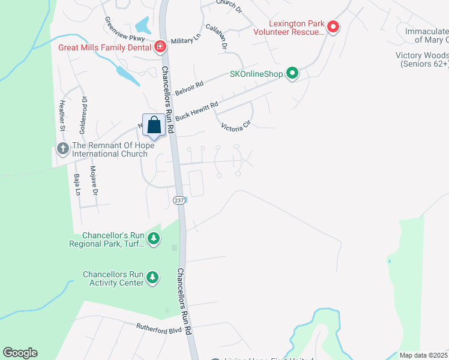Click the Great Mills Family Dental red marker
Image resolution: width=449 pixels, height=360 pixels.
160,47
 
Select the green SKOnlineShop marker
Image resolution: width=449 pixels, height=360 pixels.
292,74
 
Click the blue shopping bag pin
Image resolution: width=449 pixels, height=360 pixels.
154,125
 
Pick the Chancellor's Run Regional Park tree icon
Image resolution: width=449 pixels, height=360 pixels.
154,239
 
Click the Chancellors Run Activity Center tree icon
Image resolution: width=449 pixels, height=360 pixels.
154,278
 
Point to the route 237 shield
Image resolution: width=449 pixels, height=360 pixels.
179,200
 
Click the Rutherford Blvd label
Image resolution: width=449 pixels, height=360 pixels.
158,328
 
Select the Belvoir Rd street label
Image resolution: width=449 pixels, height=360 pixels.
190,88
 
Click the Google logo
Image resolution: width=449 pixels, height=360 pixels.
20,353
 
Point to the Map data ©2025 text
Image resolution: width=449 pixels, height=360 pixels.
423,355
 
